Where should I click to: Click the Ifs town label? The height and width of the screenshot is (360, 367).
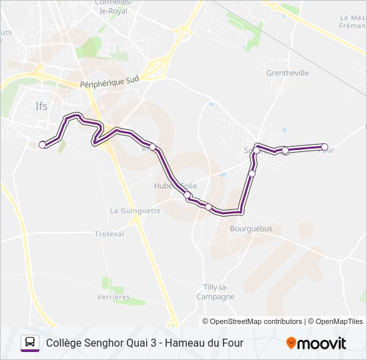(41, 105)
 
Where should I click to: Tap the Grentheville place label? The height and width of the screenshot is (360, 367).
(287, 73)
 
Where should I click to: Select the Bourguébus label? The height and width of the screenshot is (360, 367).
(232, 229)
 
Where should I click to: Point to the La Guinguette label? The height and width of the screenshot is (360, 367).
(135, 211)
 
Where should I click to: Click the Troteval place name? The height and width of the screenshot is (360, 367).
(109, 234)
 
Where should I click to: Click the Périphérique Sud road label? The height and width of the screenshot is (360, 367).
(109, 81)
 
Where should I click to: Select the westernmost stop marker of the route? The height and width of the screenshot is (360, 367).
(43, 144)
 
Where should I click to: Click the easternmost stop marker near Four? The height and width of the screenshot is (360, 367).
(325, 147)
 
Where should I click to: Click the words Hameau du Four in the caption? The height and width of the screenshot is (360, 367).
(204, 343)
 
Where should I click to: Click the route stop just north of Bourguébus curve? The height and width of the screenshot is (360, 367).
(252, 173)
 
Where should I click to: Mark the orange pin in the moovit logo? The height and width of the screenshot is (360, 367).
(291, 343)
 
